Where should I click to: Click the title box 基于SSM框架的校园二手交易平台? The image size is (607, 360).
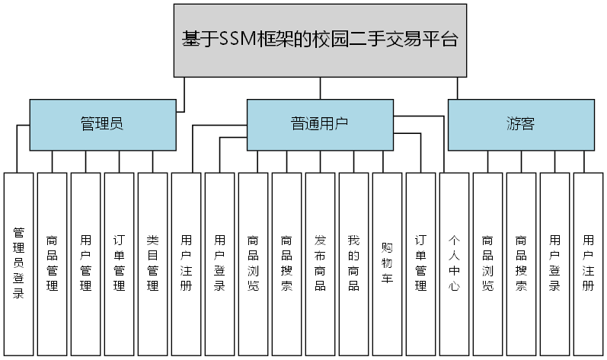click(x=319, y=40)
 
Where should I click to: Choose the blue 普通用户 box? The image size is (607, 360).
click(x=320, y=123)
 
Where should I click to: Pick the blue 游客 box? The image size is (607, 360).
click(x=520, y=123)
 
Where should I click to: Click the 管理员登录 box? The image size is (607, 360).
click(x=19, y=263)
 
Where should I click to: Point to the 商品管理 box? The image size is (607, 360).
click(x=53, y=263)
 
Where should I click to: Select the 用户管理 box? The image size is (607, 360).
click(x=86, y=263)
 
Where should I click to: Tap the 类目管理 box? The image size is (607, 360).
click(x=153, y=263)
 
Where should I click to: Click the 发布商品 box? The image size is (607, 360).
click(x=320, y=263)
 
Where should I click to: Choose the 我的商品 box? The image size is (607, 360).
click(x=353, y=263)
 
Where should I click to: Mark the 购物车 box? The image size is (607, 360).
click(x=387, y=263)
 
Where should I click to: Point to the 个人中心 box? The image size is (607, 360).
click(x=454, y=263)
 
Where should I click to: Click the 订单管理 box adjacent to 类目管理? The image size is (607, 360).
click(x=120, y=263)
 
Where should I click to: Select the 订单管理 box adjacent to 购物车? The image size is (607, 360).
click(x=420, y=263)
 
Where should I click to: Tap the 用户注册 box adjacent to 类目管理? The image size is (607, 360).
click(x=187, y=263)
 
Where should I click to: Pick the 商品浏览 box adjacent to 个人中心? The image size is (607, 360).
click(x=487, y=263)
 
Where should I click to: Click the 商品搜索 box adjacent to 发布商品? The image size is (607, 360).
click(x=286, y=263)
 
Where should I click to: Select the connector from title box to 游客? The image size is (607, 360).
click(x=458, y=88)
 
